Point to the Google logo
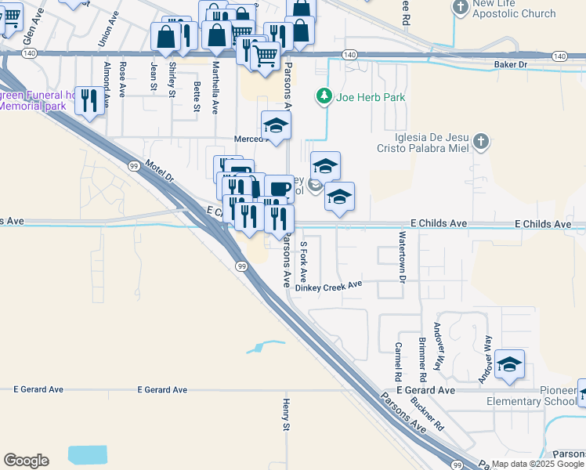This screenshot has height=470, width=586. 26,461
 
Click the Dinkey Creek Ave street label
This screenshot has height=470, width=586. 334,287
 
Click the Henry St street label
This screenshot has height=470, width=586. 286,414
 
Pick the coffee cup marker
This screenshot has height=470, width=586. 279,189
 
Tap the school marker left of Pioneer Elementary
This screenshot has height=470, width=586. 509,364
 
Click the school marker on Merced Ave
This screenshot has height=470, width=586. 276,125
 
